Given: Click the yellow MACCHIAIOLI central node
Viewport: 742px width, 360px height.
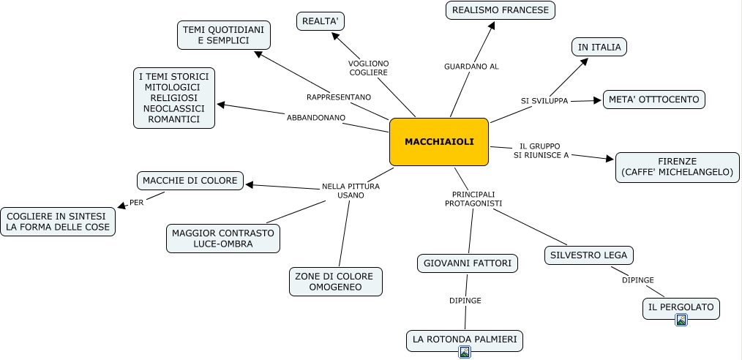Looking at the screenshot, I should pos(438,141).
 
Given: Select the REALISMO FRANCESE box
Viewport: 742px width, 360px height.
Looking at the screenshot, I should pos(501,10).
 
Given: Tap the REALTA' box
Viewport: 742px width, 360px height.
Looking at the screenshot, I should pos(321,21).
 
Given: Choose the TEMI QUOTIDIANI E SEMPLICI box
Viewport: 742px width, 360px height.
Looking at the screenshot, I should pos(224,35).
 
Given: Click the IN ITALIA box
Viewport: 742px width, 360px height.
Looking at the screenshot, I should pos(599,47).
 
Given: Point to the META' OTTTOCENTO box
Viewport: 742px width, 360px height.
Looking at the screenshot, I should pos(653,100).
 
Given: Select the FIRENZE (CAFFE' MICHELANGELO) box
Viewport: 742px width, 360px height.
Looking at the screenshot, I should pos(677,167).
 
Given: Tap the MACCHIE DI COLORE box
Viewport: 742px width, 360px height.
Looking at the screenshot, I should pos(190,180).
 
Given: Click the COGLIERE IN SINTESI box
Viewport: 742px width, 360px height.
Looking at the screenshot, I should pos(58,222).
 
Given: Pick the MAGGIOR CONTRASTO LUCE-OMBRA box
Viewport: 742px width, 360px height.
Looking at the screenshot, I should pos(223,239).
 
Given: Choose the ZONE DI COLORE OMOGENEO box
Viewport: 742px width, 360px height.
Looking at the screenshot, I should pos(336,282).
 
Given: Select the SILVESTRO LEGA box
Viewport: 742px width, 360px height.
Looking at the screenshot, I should pos(589,255).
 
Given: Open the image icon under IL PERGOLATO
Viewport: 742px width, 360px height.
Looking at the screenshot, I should pos(681,320).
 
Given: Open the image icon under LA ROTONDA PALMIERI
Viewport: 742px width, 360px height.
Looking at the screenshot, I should pos(464,352).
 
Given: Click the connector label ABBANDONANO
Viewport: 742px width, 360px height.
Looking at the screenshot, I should pos(316,117).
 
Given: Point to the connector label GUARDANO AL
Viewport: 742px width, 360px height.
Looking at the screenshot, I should pos(471,67).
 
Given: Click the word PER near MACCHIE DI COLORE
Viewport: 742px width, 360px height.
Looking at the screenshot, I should pos(137,203).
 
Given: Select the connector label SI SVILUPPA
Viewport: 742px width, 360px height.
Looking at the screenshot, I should pos(544,101).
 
